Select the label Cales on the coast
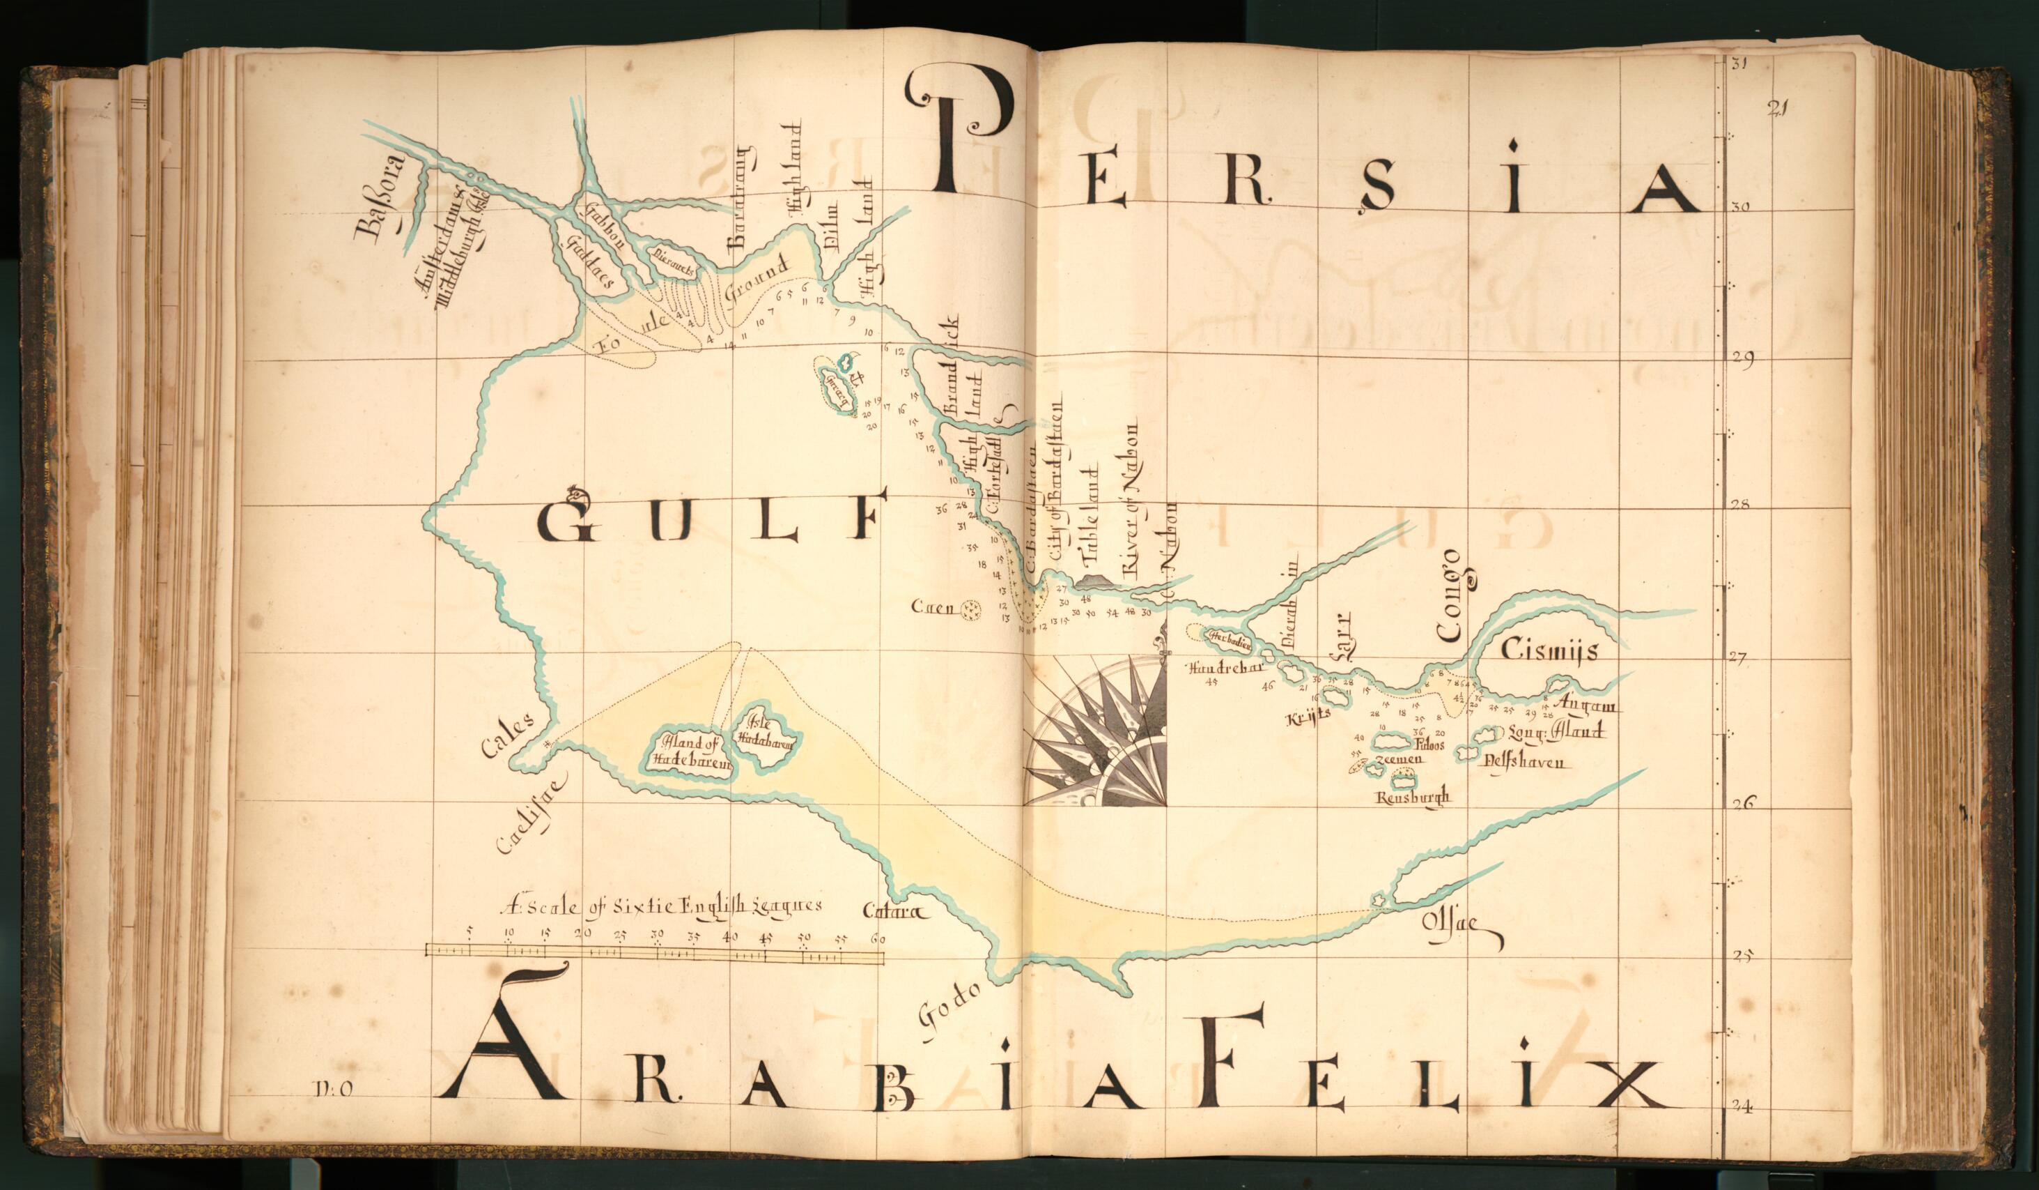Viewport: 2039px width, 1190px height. [x=506, y=735]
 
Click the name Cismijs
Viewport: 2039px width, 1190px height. [x=1549, y=650]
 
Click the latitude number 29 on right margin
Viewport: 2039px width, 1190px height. [x=1742, y=361]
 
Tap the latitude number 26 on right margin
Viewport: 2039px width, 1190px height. [x=1742, y=803]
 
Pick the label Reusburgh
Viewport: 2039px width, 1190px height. [x=1413, y=798]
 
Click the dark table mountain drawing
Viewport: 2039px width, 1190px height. [x=1096, y=581]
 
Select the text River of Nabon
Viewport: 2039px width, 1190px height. [x=1131, y=498]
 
